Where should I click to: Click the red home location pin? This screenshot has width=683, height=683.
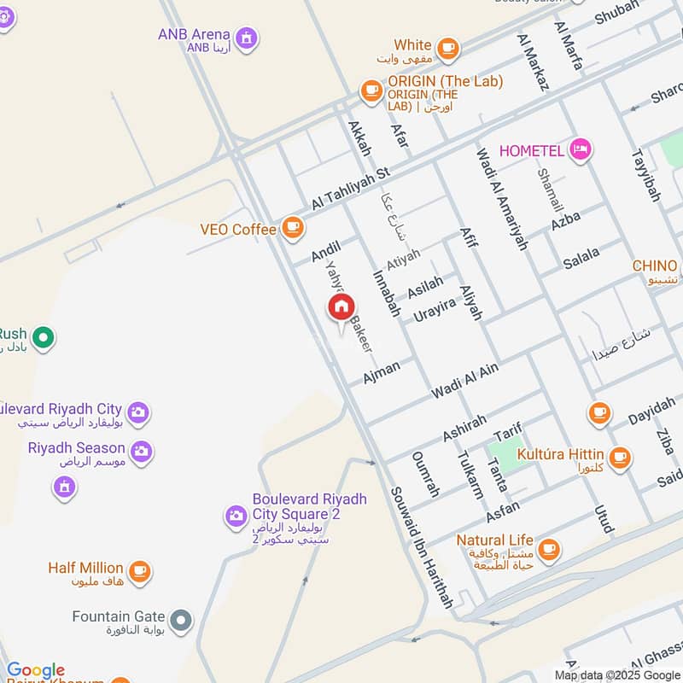341,308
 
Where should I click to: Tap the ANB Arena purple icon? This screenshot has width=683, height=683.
247,38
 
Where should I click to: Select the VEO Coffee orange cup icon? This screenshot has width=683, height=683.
293,227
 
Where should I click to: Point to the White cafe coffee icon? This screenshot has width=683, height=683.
447,47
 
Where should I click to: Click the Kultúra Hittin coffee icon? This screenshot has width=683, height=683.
620,457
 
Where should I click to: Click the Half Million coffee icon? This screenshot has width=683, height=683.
139,571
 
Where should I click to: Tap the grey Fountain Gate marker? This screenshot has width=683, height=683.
180,621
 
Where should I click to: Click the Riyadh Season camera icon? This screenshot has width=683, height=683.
142,450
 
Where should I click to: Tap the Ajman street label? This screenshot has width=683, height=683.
382,371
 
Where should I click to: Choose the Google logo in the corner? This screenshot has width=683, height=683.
35,670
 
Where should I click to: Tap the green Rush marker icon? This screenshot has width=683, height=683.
43,338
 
